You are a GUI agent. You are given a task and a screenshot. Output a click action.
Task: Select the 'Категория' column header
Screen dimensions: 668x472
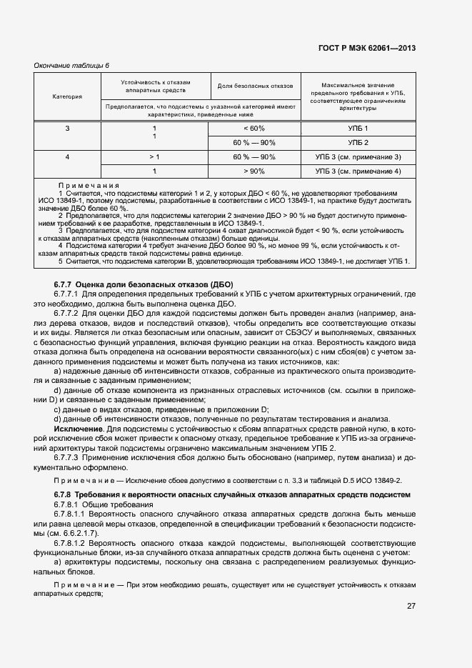tap(67, 96)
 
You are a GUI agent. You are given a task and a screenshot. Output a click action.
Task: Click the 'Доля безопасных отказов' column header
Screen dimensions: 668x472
tap(254, 86)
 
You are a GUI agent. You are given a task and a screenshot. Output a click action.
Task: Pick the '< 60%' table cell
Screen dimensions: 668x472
tap(254, 128)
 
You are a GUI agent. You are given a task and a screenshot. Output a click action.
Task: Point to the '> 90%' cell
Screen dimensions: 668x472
tap(254, 171)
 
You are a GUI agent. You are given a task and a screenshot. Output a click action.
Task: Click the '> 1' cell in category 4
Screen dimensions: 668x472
tap(154, 156)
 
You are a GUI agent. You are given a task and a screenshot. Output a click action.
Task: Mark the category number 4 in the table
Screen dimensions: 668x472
tap(67, 156)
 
